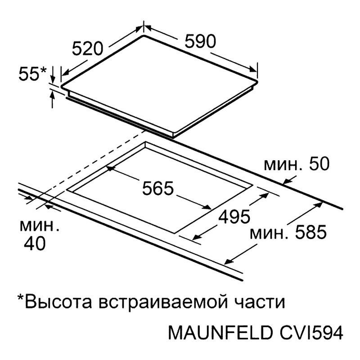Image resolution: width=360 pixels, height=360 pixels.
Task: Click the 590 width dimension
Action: point(200,41)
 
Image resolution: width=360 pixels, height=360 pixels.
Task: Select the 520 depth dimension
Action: point(88,49)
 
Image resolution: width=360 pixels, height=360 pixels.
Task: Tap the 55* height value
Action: point(32,74)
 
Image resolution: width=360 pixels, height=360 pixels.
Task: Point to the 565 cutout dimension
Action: point(158,188)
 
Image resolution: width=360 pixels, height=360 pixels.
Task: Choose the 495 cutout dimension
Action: point(234,216)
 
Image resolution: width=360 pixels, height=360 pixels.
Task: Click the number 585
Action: point(310,232)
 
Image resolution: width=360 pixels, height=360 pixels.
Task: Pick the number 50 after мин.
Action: point(319,164)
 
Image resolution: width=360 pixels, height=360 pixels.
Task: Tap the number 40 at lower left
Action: point(35,243)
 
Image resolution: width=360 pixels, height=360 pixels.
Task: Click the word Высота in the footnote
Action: point(58,301)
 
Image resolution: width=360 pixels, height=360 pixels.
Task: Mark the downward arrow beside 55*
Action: point(53,75)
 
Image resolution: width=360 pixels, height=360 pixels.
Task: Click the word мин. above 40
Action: point(40,226)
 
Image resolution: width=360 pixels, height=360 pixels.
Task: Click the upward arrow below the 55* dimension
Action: point(53,99)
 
